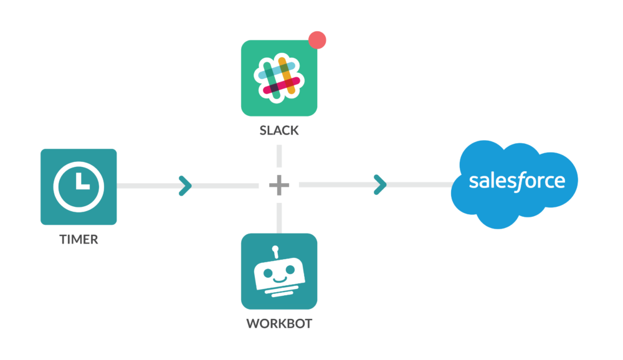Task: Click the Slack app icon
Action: [x=278, y=78]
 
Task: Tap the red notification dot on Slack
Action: [x=317, y=40]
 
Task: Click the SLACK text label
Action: [x=279, y=131]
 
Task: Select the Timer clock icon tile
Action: [x=78, y=186]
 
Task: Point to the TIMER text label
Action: [x=78, y=239]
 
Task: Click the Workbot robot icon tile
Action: [x=279, y=271]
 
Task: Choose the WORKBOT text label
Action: [x=279, y=324]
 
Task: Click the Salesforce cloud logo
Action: [x=516, y=182]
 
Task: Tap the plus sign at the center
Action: [x=279, y=185]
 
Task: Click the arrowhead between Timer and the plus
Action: [x=185, y=185]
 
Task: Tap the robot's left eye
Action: [x=269, y=270]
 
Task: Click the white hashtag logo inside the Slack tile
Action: [x=278, y=77]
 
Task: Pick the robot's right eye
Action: [x=290, y=270]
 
